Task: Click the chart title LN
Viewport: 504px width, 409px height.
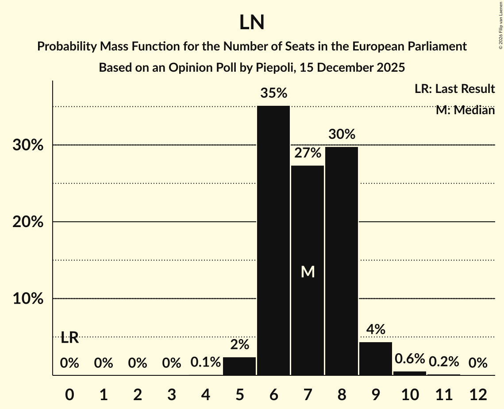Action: [252, 23]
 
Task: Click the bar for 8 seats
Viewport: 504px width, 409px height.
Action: [342, 261]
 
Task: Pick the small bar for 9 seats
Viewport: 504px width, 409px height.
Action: [376, 359]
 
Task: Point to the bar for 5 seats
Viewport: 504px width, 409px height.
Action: [239, 366]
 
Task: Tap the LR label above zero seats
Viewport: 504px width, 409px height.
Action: [69, 338]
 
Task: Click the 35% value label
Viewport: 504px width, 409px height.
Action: [273, 93]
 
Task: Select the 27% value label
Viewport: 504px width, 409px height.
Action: [308, 153]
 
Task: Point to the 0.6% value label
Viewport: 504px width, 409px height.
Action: [410, 359]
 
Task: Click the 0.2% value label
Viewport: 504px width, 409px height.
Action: [444, 362]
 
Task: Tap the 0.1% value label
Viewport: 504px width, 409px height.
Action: [205, 363]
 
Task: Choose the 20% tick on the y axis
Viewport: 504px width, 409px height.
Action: [28, 222]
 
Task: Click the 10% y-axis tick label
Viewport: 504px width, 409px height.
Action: [28, 299]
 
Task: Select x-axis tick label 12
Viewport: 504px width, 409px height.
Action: [478, 394]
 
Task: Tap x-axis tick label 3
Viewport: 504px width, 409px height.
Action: [172, 394]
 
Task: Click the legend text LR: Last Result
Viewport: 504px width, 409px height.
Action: [454, 89]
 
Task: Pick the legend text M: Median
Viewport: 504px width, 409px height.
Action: [465, 110]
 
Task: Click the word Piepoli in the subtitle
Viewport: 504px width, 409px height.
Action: [274, 68]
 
